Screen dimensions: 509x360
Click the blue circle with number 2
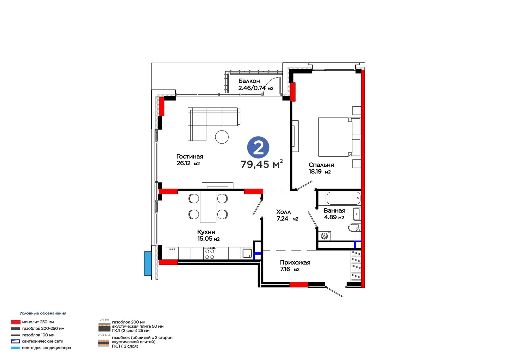(x=258, y=147)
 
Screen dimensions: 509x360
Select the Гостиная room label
(x=190, y=157)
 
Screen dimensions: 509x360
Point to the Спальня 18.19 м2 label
(x=321, y=168)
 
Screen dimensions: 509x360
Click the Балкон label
(x=249, y=81)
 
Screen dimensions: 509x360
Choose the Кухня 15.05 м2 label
(x=208, y=235)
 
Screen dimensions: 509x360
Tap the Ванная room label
(x=334, y=211)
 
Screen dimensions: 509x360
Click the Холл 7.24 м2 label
(x=287, y=215)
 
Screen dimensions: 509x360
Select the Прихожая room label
(x=295, y=263)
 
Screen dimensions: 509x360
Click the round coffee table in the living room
(x=222, y=137)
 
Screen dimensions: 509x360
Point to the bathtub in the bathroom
(x=343, y=198)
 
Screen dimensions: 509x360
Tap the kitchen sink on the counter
(x=247, y=253)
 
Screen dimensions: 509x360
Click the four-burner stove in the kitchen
(x=210, y=254)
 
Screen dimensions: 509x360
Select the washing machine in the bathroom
(x=324, y=236)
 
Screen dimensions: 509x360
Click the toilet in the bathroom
(x=354, y=227)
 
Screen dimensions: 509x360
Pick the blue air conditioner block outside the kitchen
(x=148, y=263)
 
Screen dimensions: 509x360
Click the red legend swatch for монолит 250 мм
(x=16, y=322)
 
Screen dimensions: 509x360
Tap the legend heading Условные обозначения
(x=43, y=313)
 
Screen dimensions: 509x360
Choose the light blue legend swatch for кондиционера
(x=15, y=348)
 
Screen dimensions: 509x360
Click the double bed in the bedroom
(x=339, y=137)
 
